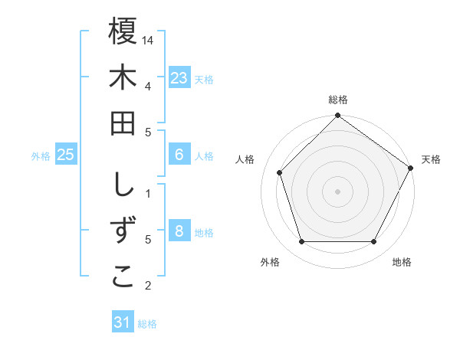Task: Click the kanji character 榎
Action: tap(123, 31)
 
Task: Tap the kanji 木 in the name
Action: tap(123, 78)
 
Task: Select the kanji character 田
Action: tap(123, 123)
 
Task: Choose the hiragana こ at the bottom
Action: tap(123, 278)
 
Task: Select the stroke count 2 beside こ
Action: tap(148, 286)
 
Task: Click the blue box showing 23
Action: tap(179, 78)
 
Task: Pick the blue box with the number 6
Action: tap(179, 155)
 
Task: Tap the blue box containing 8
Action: tap(179, 231)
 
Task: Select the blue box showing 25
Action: tap(66, 155)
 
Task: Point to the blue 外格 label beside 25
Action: tap(41, 156)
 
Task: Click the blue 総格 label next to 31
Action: tap(147, 324)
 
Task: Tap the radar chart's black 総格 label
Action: tap(337, 100)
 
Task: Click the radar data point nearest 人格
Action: tap(280, 172)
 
